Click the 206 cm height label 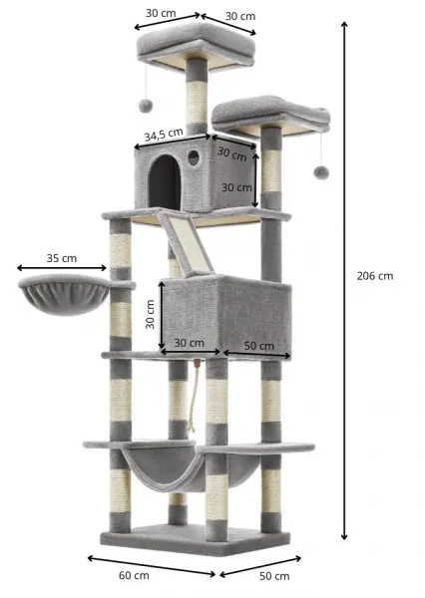click(x=374, y=276)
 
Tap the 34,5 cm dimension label click(x=164, y=135)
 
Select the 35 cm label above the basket click(x=62, y=258)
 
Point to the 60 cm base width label click(x=134, y=575)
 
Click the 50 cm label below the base click(x=274, y=576)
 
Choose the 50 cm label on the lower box click(x=259, y=346)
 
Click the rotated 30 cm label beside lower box click(x=150, y=314)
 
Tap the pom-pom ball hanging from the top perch click(x=146, y=106)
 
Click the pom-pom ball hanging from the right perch click(x=321, y=172)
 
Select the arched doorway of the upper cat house click(x=165, y=182)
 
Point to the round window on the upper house click(x=194, y=157)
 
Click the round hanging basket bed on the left click(x=64, y=294)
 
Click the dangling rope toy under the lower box click(x=194, y=397)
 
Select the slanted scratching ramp click(x=187, y=242)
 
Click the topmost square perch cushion click(x=196, y=43)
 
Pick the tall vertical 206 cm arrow click(x=344, y=281)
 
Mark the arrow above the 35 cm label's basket click(x=62, y=268)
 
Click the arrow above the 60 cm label click(x=152, y=566)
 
